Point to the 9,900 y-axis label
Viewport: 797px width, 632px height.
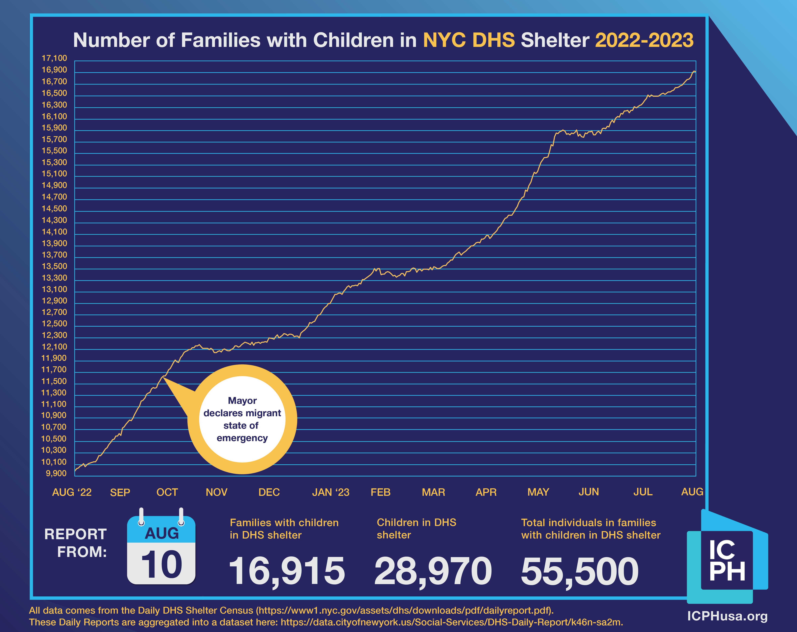56,473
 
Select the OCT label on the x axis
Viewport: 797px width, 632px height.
167,492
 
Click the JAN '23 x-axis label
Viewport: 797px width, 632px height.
330,492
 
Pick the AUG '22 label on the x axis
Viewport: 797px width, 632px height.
72,492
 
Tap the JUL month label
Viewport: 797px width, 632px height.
643,492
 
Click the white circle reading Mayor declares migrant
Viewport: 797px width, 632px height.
242,419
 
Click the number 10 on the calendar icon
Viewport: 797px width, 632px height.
162,565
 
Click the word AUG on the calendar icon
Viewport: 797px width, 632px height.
162,533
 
